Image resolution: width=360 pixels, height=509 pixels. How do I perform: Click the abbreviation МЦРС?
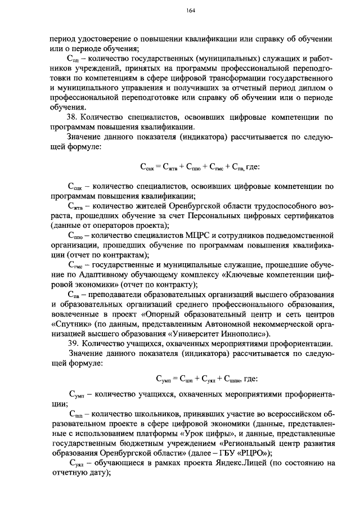pos(197,235)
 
